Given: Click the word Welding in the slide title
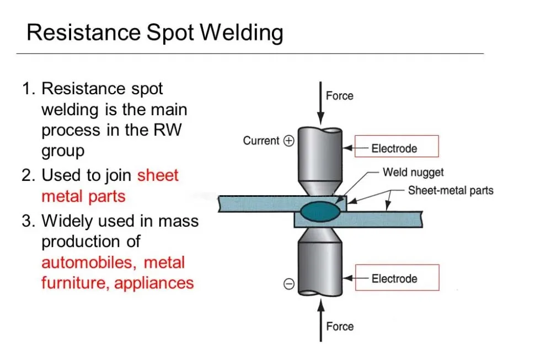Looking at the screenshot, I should [x=242, y=33].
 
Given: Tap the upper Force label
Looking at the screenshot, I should [x=339, y=96].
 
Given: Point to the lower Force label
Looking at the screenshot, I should [x=339, y=326].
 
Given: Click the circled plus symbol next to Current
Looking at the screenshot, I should [x=288, y=141].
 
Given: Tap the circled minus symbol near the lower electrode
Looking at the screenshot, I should [x=288, y=284].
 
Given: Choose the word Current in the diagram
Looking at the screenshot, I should [x=261, y=141].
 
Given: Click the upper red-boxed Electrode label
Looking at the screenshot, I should [x=394, y=148].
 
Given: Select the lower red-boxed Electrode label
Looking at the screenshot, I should [x=394, y=278].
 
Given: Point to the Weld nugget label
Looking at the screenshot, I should [x=413, y=173].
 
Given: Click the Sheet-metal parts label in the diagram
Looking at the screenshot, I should [x=451, y=191].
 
